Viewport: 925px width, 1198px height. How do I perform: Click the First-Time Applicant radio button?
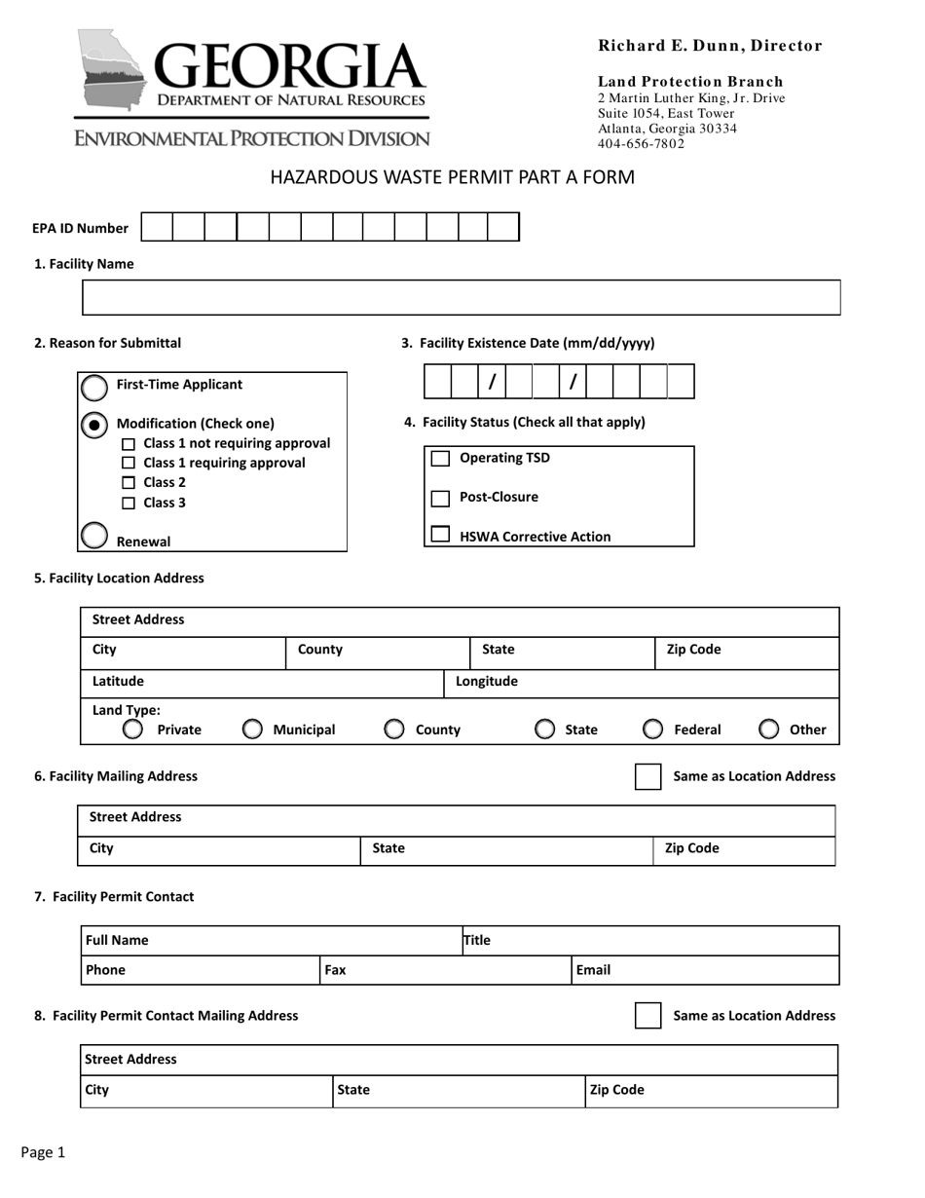tap(93, 388)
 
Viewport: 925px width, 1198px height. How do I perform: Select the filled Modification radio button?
tap(93, 425)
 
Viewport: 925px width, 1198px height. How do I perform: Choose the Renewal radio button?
tap(93, 536)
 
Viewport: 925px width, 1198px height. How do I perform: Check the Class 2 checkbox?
tap(129, 483)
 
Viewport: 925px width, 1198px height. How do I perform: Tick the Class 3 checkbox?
tap(129, 504)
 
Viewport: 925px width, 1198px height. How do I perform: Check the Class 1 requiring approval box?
tap(129, 464)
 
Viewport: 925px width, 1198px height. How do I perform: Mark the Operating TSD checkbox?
tap(440, 459)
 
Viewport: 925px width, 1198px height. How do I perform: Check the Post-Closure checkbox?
tap(440, 498)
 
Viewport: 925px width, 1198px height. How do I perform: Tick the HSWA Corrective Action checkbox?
tap(440, 535)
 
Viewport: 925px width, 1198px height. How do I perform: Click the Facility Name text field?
tap(461, 297)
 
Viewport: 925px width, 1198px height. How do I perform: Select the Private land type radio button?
tap(132, 730)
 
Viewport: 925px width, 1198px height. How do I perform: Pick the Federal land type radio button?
tap(653, 730)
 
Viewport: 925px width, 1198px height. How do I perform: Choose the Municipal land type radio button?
tap(251, 730)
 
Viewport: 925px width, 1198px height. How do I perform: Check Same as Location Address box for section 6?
tap(647, 776)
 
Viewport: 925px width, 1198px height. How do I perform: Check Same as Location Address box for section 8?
tap(647, 1016)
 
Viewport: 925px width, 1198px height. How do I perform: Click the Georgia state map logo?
tap(113, 69)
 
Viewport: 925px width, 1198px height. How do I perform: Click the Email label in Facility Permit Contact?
tap(593, 970)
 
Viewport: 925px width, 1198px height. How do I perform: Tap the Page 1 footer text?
tap(43, 1153)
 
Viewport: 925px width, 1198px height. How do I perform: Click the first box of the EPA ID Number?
tap(157, 228)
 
